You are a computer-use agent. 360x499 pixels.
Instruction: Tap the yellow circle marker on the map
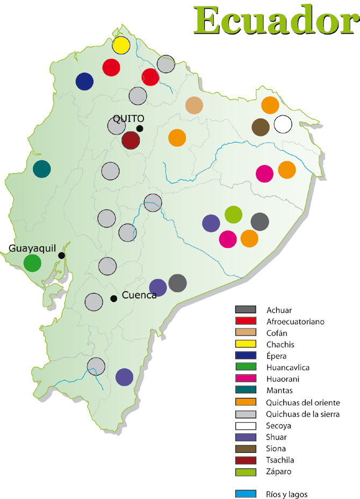[121, 45]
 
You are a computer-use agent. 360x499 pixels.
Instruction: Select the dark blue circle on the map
[84, 81]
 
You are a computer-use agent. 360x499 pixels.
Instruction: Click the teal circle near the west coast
[41, 168]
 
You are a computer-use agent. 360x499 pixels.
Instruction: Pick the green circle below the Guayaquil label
[32, 262]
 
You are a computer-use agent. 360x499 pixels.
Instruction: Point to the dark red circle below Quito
[131, 140]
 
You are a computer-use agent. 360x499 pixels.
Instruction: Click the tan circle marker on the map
[194, 105]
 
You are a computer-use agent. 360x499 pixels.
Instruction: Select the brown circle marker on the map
[261, 127]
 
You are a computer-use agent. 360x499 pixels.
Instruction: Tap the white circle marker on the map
[283, 124]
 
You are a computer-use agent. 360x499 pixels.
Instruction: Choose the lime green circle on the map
[233, 215]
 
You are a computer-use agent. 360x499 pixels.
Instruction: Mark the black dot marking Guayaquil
[62, 255]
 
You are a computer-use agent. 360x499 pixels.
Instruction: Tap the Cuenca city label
[139, 295]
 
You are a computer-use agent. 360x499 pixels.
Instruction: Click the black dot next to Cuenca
[113, 298]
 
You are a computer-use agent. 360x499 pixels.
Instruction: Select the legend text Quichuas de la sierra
[303, 414]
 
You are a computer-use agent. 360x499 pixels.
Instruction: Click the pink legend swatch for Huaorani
[245, 379]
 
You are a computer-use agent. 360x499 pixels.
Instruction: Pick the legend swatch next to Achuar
[245, 310]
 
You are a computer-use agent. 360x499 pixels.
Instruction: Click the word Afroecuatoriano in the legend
[295, 322]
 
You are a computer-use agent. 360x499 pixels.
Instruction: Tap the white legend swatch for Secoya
[245, 425]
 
